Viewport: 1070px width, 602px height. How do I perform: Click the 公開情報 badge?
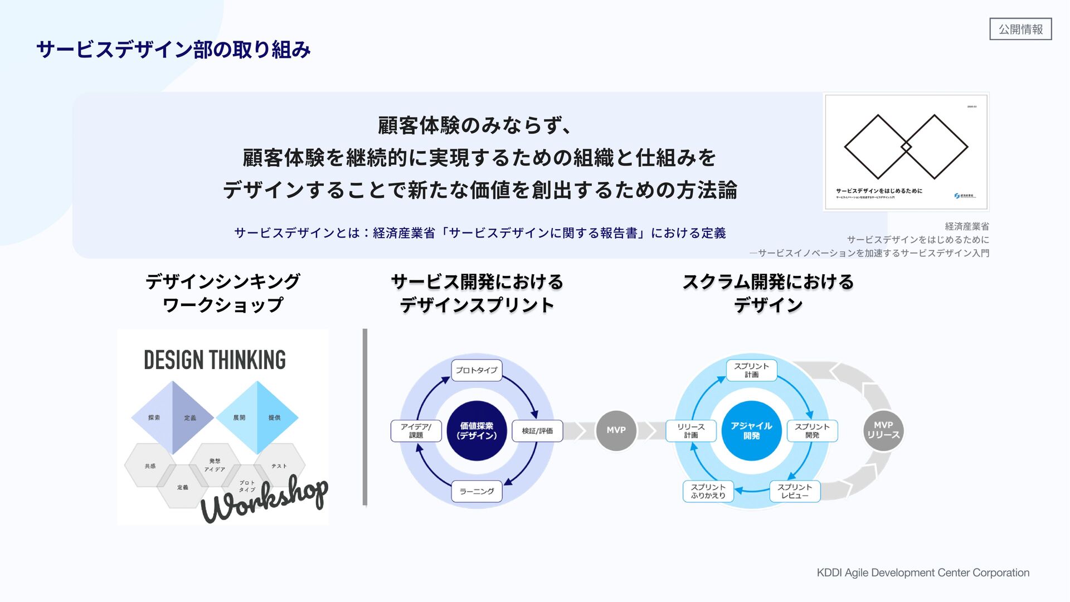point(1020,29)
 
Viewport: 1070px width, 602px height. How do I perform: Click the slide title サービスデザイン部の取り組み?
point(173,50)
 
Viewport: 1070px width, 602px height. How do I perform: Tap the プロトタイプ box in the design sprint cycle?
point(476,370)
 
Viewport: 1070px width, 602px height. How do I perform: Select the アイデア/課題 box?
point(416,431)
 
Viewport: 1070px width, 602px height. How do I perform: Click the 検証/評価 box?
point(537,431)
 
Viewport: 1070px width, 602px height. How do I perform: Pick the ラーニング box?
point(476,491)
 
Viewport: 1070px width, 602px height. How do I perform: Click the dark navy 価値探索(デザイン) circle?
point(476,431)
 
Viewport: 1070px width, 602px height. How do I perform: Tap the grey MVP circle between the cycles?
point(616,430)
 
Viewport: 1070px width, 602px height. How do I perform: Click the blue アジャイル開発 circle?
point(751,431)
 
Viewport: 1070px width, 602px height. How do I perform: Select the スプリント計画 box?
point(751,370)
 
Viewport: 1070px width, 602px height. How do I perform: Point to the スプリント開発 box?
point(812,431)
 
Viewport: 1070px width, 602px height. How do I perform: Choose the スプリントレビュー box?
point(795,491)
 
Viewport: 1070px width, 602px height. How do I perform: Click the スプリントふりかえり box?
point(708,491)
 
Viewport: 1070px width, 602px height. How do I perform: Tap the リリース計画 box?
point(691,431)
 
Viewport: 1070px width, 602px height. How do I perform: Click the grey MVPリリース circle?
point(883,430)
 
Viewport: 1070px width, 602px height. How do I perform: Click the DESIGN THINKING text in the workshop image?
point(215,360)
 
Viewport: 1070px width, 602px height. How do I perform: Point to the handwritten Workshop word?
point(265,499)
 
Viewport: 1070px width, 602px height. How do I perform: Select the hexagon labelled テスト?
point(279,465)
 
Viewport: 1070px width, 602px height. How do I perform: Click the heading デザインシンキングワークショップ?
point(223,293)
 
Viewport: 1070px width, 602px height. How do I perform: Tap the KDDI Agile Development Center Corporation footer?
point(923,572)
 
